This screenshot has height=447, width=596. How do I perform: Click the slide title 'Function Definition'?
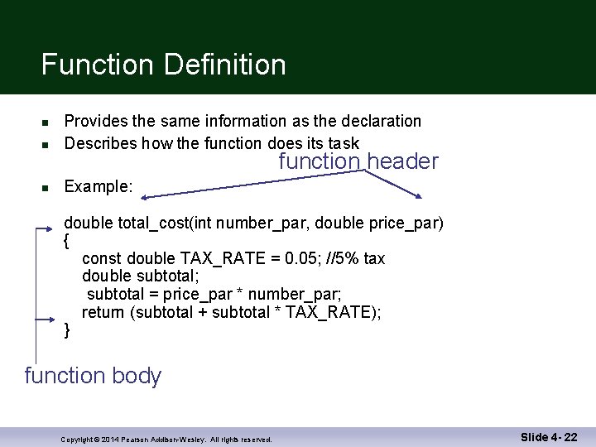(x=163, y=65)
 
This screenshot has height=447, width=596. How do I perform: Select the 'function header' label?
(x=358, y=161)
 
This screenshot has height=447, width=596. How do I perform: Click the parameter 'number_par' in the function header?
(x=262, y=223)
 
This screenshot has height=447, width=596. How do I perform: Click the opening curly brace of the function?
(x=67, y=242)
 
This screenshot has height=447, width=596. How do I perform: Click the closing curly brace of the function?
(x=67, y=330)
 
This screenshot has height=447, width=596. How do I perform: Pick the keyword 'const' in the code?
(x=101, y=259)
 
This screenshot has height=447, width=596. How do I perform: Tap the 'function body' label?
(x=93, y=376)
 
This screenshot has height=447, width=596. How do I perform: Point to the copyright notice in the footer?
(x=166, y=440)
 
